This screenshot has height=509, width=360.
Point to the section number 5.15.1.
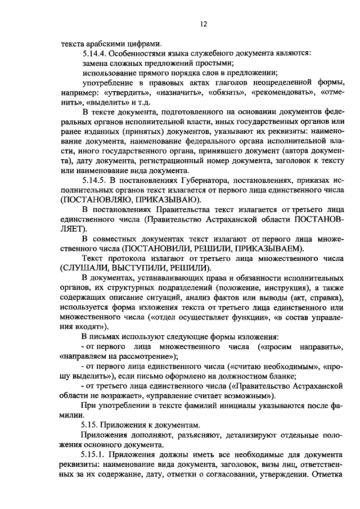93,454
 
